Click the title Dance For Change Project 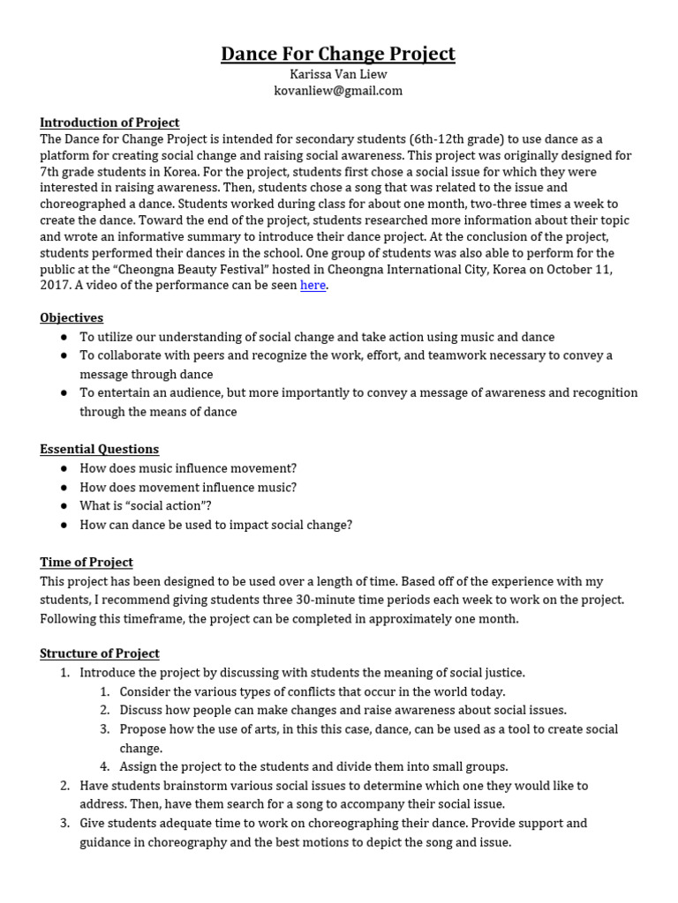pos(338,54)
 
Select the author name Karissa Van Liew pos(338,75)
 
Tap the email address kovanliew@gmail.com pos(338,91)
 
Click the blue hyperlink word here pos(313,285)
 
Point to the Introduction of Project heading pos(109,123)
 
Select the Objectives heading pos(72,317)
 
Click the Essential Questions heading pos(100,449)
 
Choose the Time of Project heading pos(87,562)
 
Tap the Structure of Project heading pos(100,653)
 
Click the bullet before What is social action pos(64,506)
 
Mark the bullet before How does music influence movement pos(64,468)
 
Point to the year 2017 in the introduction pos(55,286)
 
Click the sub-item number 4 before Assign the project pos(104,766)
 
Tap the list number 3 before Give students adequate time pos(64,823)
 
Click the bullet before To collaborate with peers pos(64,355)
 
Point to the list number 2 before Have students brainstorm pos(64,785)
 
